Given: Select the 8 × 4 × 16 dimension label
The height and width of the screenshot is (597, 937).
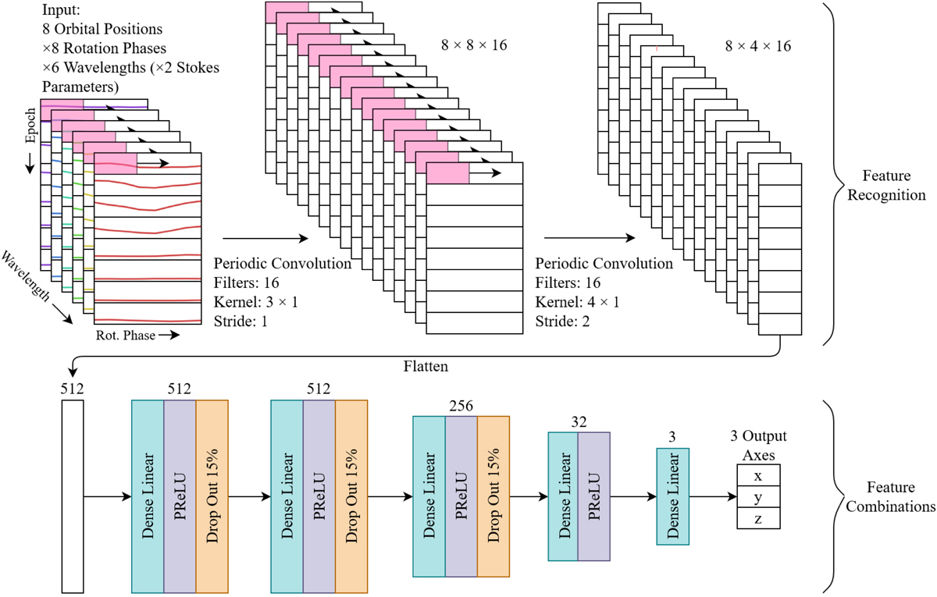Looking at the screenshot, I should [x=757, y=46].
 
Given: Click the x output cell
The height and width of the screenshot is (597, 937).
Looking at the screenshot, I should [x=757, y=476].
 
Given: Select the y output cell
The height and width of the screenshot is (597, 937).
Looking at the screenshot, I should [x=757, y=497].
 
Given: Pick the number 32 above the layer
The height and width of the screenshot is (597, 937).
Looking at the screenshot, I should [x=579, y=422].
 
